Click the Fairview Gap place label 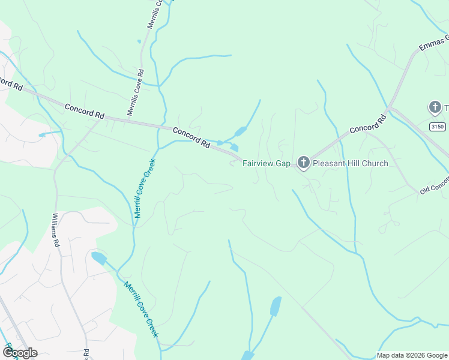coord(266,163)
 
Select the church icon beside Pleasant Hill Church coord(304,162)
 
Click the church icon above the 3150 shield coord(435,107)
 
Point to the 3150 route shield coord(439,127)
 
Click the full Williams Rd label coord(56,230)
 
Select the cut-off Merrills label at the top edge coord(155,13)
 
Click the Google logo coord(20,352)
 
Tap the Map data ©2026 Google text coord(412,355)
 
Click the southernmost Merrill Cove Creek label coord(142,309)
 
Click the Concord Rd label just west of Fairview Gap coord(191,137)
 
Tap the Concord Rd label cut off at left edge coord(11,83)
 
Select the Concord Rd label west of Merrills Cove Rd coord(84,111)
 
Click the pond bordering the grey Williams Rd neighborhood coord(98,259)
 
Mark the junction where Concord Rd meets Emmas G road coord(390,108)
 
